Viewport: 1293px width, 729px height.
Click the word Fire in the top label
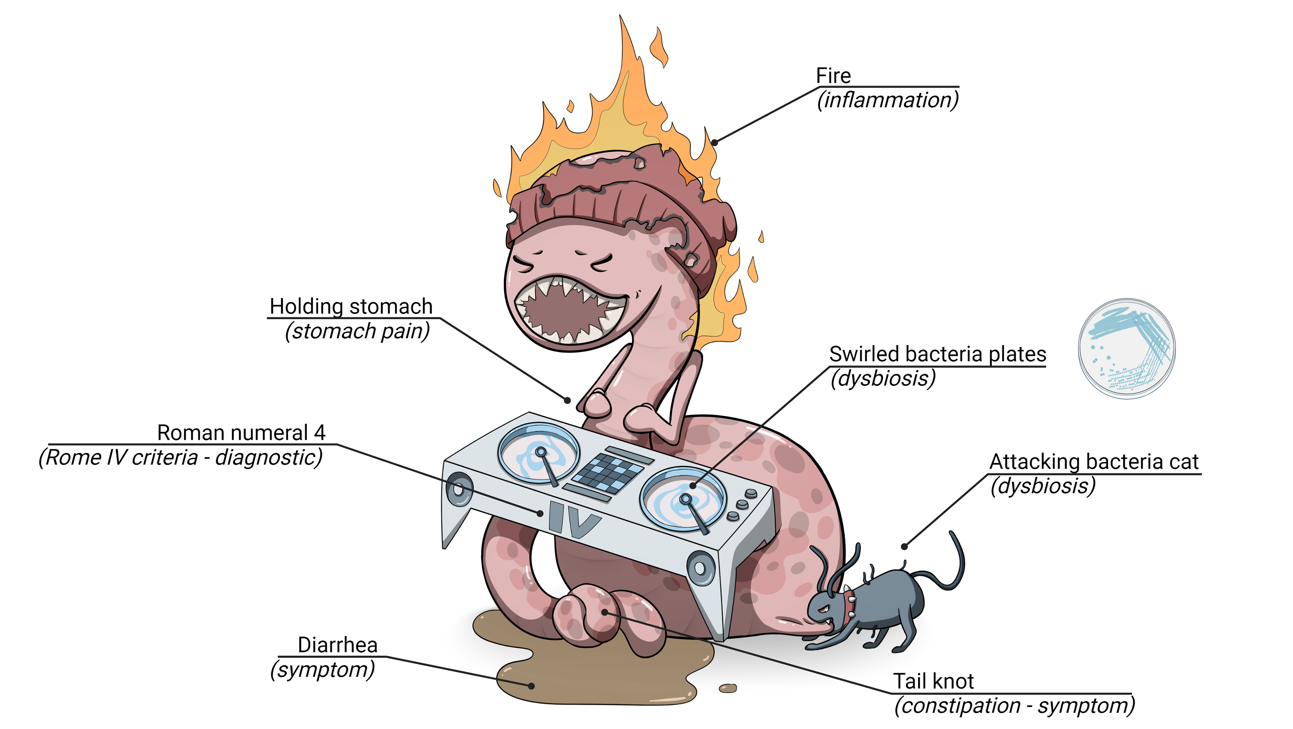(x=833, y=76)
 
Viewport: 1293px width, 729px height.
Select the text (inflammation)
(x=888, y=100)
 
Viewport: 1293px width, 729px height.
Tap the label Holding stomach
(x=351, y=306)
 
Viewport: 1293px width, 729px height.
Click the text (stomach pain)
(x=357, y=331)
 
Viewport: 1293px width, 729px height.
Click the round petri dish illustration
(x=1127, y=349)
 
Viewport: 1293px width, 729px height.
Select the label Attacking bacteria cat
(x=1094, y=461)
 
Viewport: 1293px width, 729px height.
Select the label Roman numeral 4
(x=241, y=433)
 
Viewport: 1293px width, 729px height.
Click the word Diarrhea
(x=337, y=645)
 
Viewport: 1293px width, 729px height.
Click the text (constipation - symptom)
(x=1015, y=706)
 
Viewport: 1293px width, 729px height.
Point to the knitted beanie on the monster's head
(x=622, y=211)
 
